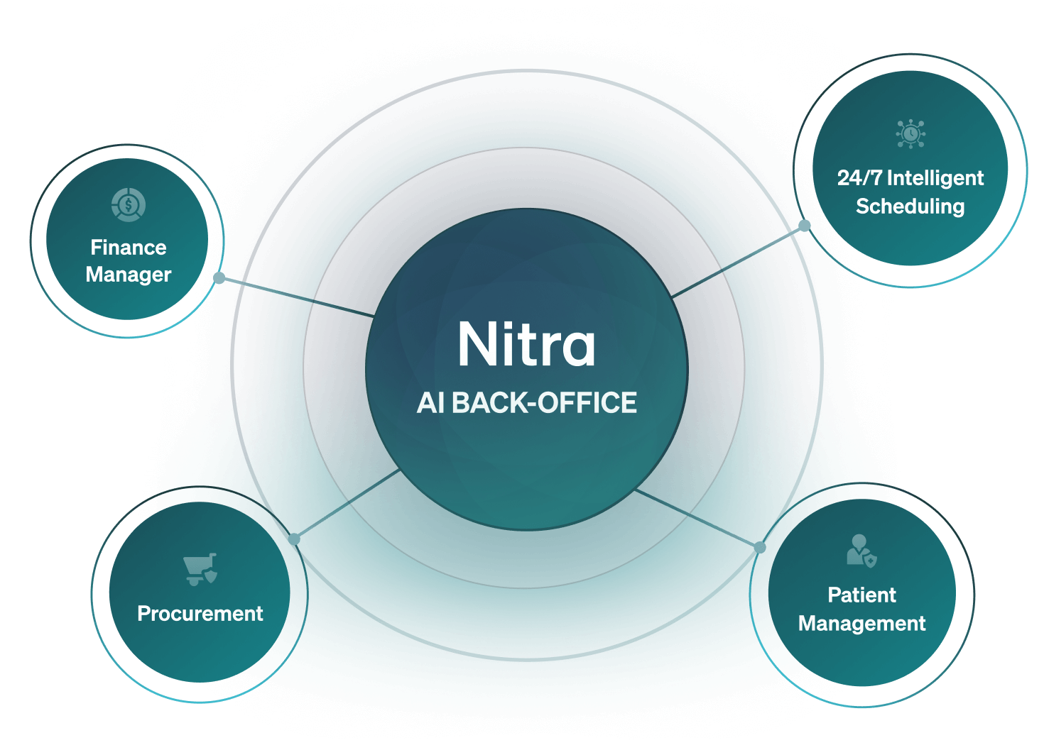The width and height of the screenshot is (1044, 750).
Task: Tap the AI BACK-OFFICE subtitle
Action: pyautogui.click(x=526, y=403)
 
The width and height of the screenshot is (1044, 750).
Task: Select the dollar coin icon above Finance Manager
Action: pyautogui.click(x=129, y=205)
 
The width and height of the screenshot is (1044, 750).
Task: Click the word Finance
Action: pyautogui.click(x=129, y=247)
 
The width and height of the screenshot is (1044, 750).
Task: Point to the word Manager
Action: pyautogui.click(x=129, y=275)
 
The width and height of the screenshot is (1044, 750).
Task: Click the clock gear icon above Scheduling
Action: pyautogui.click(x=910, y=133)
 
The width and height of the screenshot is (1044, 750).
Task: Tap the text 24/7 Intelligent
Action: pyautogui.click(x=910, y=177)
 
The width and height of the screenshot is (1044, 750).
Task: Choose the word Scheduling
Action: pyautogui.click(x=910, y=206)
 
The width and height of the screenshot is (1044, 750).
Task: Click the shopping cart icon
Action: pyautogui.click(x=200, y=569)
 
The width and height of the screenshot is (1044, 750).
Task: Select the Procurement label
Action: pyautogui.click(x=200, y=613)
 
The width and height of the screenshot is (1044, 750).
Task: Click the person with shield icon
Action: pyautogui.click(x=861, y=551)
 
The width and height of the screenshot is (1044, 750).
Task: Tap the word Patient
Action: pyautogui.click(x=861, y=595)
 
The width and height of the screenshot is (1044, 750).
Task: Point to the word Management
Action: pyautogui.click(x=861, y=624)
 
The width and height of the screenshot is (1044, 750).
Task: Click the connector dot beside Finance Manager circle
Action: pyautogui.click(x=219, y=278)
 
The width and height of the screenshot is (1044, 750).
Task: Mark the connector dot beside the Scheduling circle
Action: pyautogui.click(x=805, y=226)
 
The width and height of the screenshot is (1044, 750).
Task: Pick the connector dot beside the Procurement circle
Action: pyautogui.click(x=294, y=539)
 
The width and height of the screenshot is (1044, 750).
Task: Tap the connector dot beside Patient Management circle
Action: pyautogui.click(x=760, y=547)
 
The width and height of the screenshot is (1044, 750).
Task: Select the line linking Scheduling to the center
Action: pyautogui.click(x=739, y=260)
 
